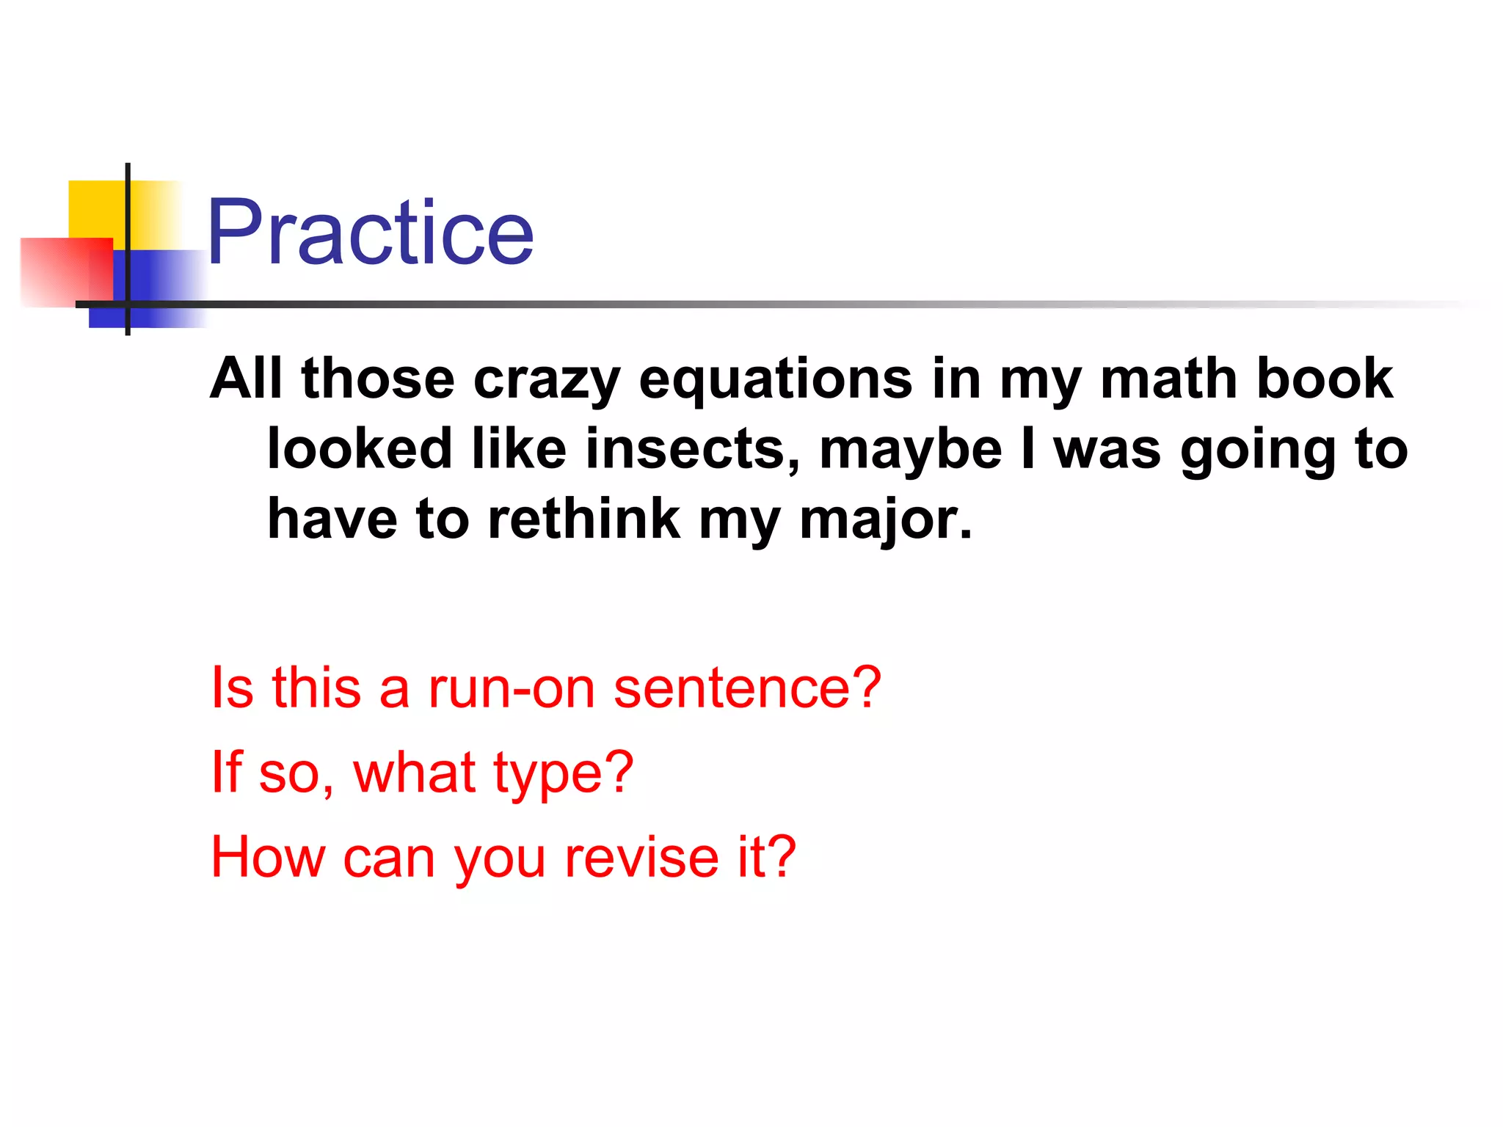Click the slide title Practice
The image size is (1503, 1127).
(x=370, y=233)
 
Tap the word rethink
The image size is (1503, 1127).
(x=584, y=519)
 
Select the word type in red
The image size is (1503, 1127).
(x=563, y=775)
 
